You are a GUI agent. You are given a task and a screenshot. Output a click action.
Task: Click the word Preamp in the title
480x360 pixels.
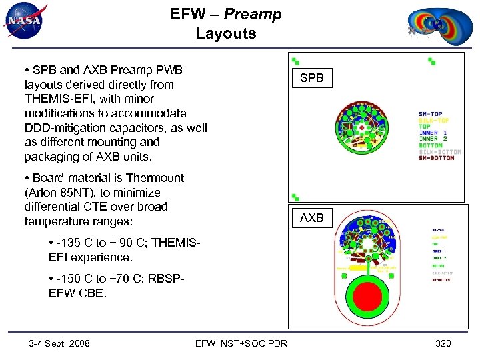point(253,14)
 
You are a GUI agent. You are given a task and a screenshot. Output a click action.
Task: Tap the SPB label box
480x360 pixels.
point(311,78)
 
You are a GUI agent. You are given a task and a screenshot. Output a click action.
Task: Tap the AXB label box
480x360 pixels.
point(311,217)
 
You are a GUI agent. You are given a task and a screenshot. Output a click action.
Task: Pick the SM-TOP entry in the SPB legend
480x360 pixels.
point(431,114)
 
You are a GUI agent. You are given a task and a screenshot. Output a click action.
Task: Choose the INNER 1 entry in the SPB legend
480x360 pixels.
point(433,133)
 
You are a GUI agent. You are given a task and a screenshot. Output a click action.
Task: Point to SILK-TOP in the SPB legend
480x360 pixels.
point(433,120)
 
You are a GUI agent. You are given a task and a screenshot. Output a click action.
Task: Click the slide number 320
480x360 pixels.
point(443,343)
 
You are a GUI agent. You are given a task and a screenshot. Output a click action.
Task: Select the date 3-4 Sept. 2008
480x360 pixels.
point(59,343)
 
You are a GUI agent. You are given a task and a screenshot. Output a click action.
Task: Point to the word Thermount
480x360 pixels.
point(154,178)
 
